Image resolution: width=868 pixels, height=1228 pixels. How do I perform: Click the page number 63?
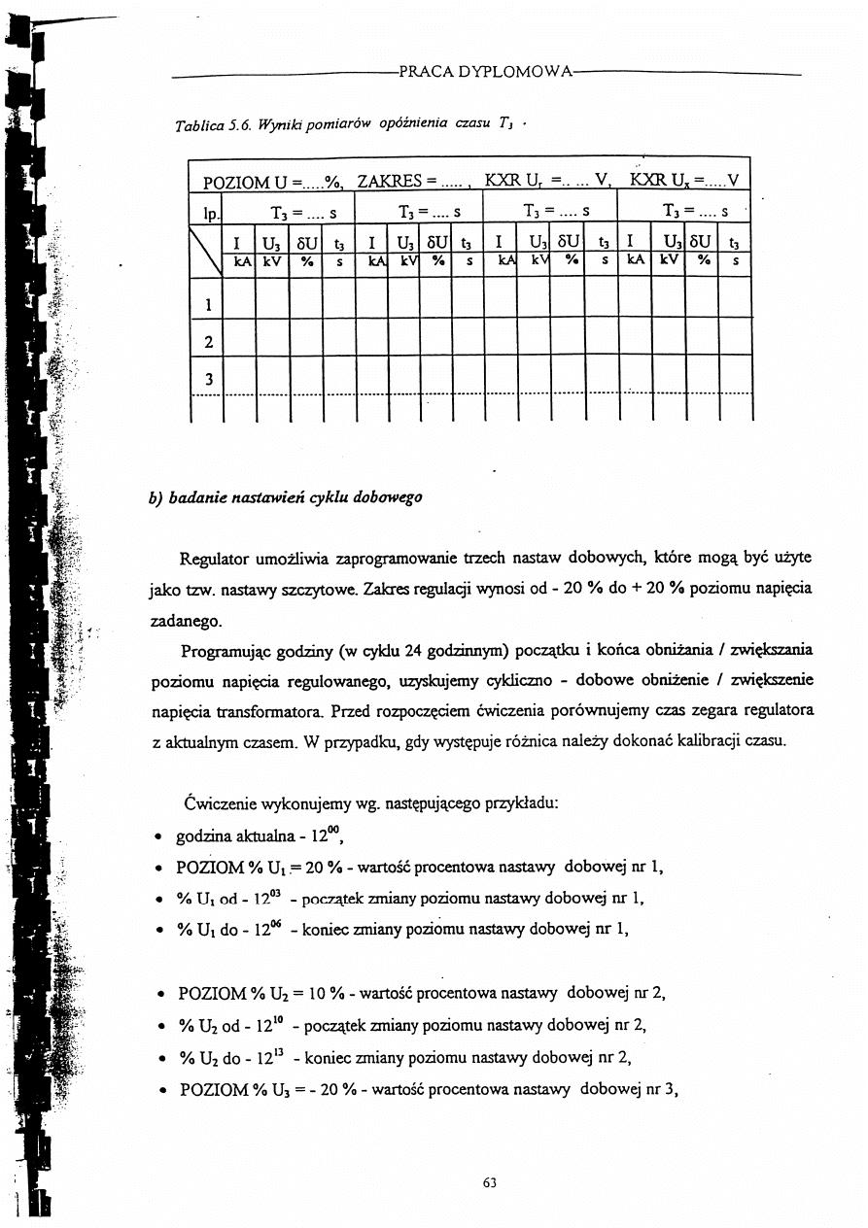coord(489,1182)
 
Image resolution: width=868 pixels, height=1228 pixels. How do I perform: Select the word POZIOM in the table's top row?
coord(234,182)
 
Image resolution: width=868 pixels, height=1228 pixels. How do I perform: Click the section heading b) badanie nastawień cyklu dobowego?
coord(286,498)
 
